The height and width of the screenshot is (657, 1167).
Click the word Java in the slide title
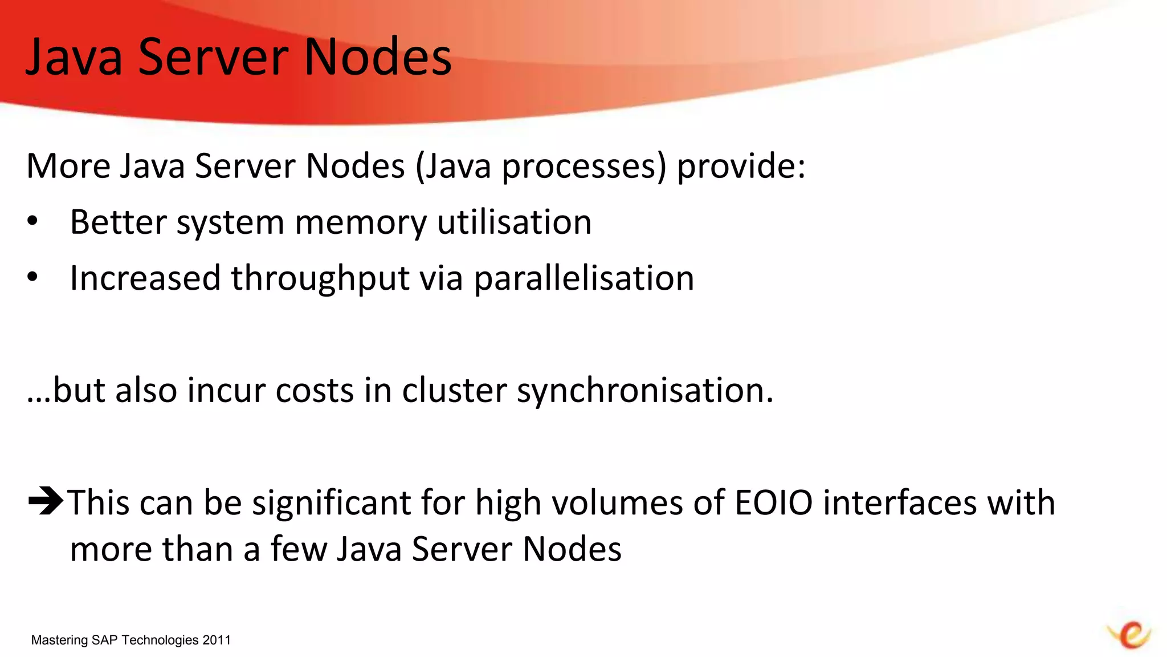(74, 56)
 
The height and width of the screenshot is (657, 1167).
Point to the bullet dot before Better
(32, 221)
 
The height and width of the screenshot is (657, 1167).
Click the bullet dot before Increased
(32, 277)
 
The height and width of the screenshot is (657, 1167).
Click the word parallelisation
(584, 278)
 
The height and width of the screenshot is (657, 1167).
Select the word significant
(331, 503)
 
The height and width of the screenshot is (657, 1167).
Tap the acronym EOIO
(773, 503)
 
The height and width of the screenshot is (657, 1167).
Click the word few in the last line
(299, 549)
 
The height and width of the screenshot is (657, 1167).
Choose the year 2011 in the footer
(217, 640)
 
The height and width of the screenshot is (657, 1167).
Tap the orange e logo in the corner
(1131, 634)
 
